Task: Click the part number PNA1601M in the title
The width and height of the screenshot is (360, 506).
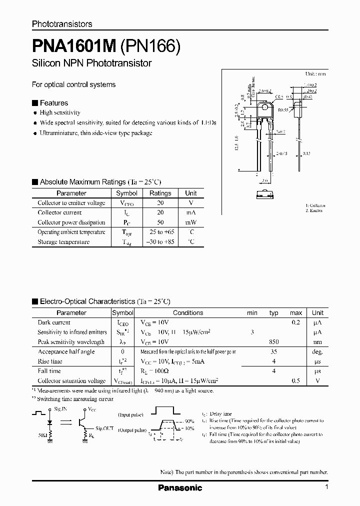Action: pos(74,47)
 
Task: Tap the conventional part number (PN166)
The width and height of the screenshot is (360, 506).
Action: pos(149,47)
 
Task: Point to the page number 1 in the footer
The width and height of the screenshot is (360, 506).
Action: pos(326,487)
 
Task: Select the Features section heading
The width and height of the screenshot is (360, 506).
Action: pos(53,103)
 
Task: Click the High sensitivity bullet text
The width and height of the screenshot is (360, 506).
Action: pos(60,113)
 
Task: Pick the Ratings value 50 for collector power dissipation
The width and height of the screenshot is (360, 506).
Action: pos(160,222)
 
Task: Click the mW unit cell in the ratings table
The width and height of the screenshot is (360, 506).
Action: pos(191,222)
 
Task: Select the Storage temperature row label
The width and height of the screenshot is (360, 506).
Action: pos(63,242)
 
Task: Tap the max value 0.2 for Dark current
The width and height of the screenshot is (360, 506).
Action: pos(296,322)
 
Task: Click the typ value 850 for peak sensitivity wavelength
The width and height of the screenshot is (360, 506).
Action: pos(273,342)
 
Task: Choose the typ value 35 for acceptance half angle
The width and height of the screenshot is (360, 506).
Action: pos(274,351)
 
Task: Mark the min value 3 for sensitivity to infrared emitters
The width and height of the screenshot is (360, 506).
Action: pos(252,332)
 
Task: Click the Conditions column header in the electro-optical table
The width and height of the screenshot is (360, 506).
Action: pos(188,313)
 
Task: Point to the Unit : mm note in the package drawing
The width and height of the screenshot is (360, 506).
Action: pos(315,73)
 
